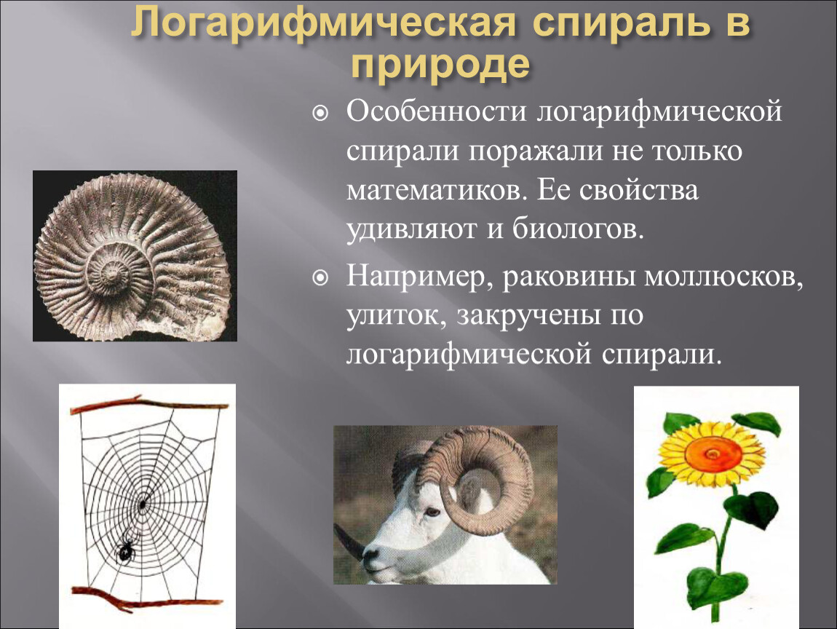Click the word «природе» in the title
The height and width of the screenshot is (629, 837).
[x=441, y=65]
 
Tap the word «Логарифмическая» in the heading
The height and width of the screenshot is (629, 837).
[x=324, y=23]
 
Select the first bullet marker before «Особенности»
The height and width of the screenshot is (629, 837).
[x=320, y=113]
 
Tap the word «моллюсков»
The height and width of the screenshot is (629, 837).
[x=723, y=277]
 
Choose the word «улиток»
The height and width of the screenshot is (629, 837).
[x=396, y=316]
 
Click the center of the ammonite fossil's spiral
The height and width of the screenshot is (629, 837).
[x=113, y=274]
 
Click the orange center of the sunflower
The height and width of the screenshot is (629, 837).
[x=713, y=454]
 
